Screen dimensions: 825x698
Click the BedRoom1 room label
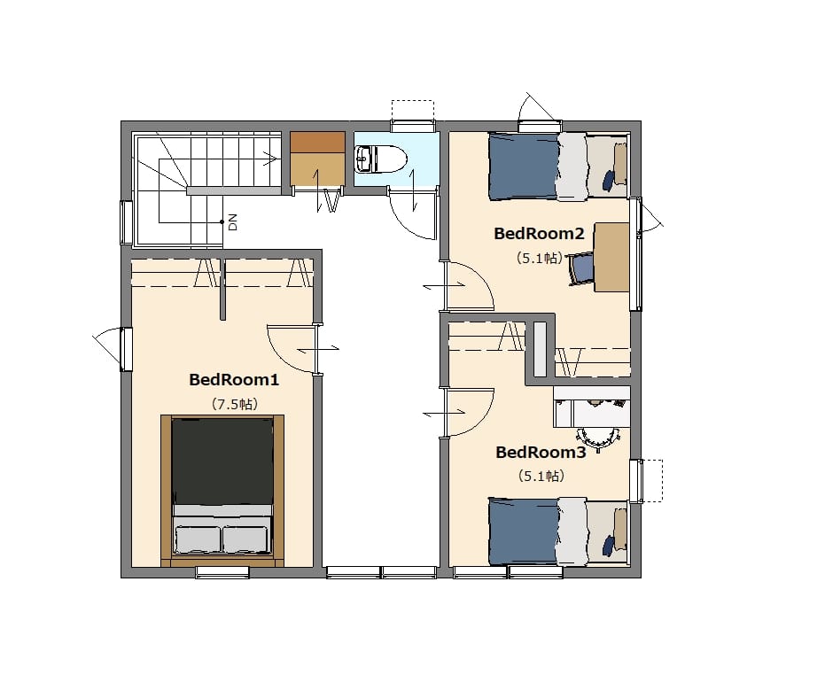[234, 380]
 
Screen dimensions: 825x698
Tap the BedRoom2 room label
[539, 234]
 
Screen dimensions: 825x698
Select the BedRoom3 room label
[541, 453]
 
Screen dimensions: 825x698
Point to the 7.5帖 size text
[235, 404]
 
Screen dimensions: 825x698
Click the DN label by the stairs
[233, 222]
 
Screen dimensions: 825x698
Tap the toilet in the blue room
[381, 159]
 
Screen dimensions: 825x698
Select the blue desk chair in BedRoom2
[581, 268]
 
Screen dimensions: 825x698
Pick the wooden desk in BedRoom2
[611, 257]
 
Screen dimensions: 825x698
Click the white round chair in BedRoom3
[598, 438]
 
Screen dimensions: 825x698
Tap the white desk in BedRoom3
[592, 407]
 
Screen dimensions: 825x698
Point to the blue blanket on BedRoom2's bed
[524, 167]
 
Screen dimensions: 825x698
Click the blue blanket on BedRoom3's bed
[524, 531]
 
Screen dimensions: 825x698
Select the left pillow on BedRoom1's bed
[198, 539]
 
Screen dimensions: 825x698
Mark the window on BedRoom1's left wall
[126, 349]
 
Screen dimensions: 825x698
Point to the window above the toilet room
[413, 127]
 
